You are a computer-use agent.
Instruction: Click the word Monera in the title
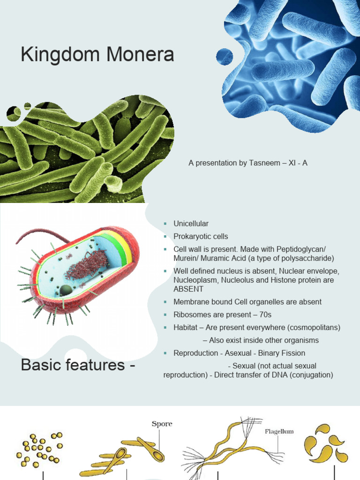point(140,54)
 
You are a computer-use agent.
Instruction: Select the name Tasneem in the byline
point(264,163)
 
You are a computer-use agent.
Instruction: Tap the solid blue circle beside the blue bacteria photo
point(225,57)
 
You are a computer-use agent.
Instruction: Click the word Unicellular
point(191,224)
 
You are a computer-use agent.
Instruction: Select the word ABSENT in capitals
point(188,289)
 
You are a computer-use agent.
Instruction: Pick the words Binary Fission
point(282,353)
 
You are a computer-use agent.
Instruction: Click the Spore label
point(162,424)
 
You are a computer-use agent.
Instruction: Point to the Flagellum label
point(279,431)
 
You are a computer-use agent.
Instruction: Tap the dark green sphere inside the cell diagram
point(66,290)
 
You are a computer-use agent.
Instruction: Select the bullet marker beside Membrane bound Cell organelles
point(165,302)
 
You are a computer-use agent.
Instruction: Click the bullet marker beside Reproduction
point(165,353)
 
